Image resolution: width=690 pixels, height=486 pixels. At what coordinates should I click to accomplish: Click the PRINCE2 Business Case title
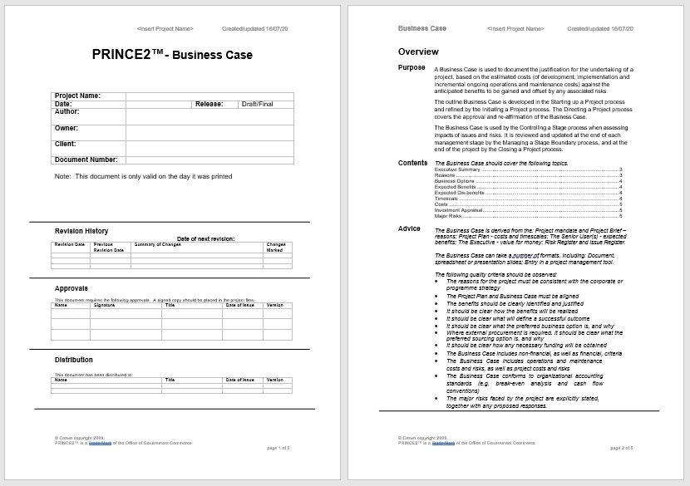pyautogui.click(x=172, y=56)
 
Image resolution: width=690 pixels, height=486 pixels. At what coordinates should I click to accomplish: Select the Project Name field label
pyautogui.click(x=77, y=96)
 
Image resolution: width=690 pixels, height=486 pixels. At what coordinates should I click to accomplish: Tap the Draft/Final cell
pyautogui.click(x=257, y=104)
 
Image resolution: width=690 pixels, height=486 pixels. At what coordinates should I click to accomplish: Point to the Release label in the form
pyautogui.click(x=209, y=104)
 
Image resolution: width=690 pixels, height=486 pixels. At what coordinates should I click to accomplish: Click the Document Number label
pyautogui.click(x=86, y=160)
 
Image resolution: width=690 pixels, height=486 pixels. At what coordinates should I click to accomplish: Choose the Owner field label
pyautogui.click(x=67, y=128)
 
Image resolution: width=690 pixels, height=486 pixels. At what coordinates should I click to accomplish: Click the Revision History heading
pyautogui.click(x=81, y=231)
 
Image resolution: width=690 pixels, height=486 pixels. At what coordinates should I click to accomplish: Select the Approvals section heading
pyautogui.click(x=71, y=288)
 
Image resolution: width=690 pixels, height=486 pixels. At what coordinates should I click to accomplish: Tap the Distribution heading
pyautogui.click(x=74, y=360)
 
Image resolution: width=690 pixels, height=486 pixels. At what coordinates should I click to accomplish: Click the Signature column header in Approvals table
pyautogui.click(x=105, y=305)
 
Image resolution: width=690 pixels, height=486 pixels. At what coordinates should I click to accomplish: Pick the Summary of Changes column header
pyautogui.click(x=158, y=244)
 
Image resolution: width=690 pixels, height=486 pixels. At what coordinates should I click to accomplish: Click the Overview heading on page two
pyautogui.click(x=418, y=52)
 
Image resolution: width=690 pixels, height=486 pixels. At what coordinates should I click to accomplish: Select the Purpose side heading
pyautogui.click(x=412, y=67)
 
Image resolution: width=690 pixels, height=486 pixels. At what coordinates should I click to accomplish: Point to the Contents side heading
pyautogui.click(x=413, y=163)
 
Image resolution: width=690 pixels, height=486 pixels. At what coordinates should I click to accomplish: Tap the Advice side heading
pyautogui.click(x=410, y=228)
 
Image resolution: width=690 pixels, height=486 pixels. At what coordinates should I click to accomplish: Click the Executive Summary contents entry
pyautogui.click(x=453, y=169)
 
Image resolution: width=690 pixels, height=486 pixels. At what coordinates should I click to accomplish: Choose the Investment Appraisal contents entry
pyautogui.click(x=456, y=210)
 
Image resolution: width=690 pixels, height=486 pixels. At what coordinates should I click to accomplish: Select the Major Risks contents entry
pyautogui.click(x=447, y=216)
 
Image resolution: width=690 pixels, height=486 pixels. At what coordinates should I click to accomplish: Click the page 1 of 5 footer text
pyautogui.click(x=278, y=448)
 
